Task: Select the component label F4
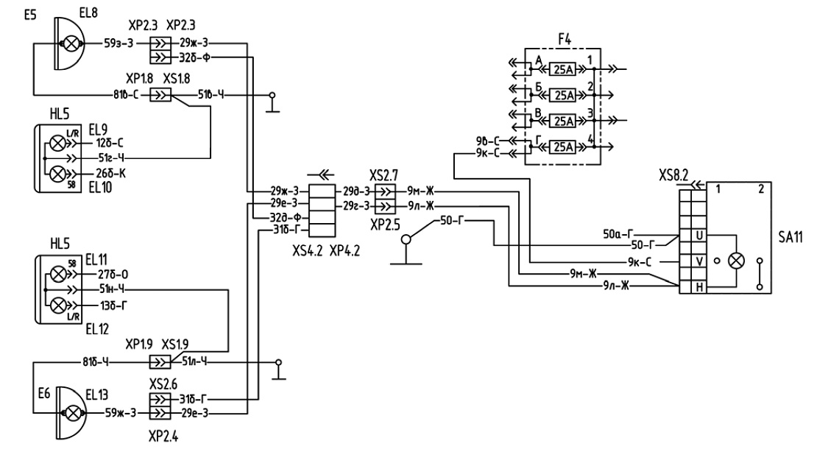coord(565,40)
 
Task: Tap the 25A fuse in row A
coord(563,69)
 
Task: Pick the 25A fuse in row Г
coord(563,147)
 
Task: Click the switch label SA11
coord(791,237)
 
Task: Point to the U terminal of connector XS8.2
coord(699,236)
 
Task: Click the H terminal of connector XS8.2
coord(699,287)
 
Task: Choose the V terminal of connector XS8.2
coord(699,261)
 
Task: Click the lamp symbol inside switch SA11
coord(736,261)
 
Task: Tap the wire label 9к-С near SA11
coord(640,262)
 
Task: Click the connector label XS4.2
coord(308,251)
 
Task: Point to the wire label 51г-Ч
coord(111,158)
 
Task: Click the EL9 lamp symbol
coord(58,143)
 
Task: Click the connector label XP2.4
coord(163,436)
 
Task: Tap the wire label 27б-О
coord(113,275)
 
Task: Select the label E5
coord(30,15)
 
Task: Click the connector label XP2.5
coord(385,225)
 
